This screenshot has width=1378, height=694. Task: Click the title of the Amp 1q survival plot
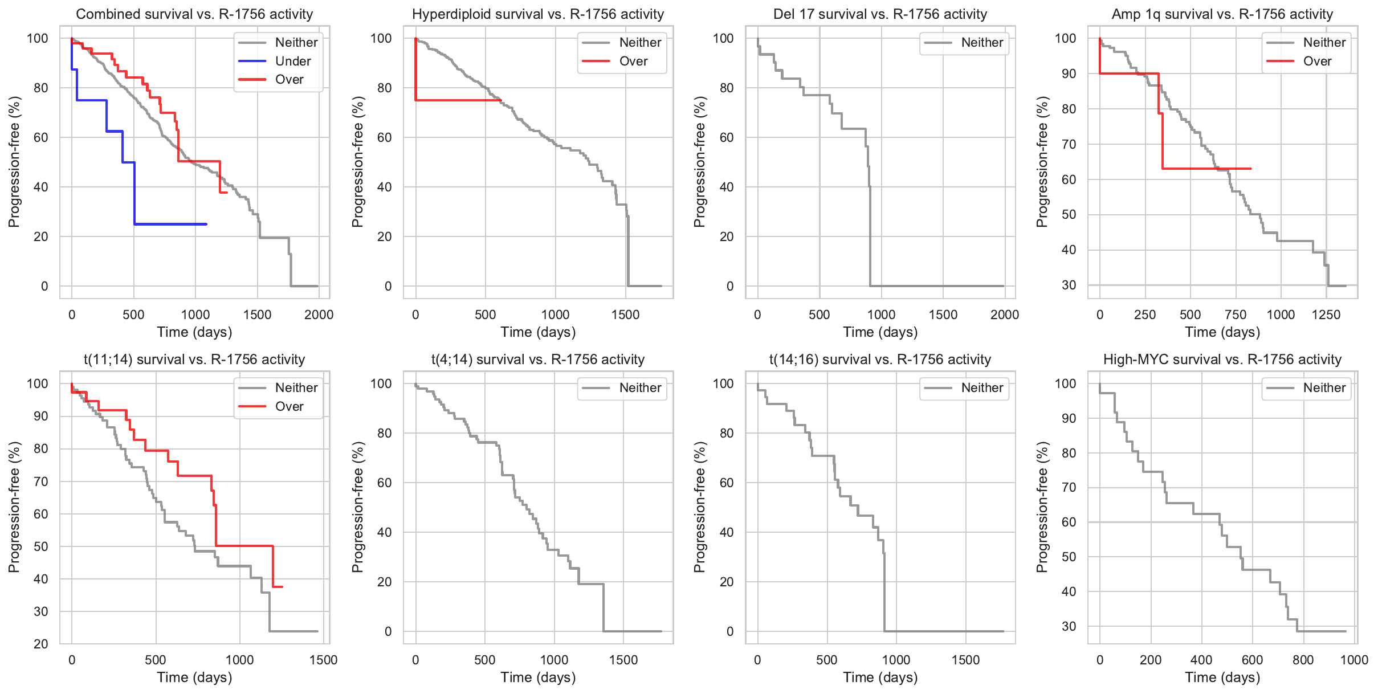pyautogui.click(x=1222, y=14)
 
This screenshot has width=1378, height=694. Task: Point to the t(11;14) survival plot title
pyautogui.click(x=194, y=360)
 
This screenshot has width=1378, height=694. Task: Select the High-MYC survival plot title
pyautogui.click(x=1222, y=360)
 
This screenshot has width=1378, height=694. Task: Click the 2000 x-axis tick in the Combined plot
pyautogui.click(x=319, y=315)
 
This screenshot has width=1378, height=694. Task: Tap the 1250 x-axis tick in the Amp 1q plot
pyautogui.click(x=1326, y=315)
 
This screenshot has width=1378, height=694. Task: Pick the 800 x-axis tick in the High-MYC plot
pyautogui.click(x=1303, y=660)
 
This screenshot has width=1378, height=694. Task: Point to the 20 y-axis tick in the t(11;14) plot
pyautogui.click(x=41, y=644)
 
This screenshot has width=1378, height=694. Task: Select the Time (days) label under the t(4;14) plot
pyautogui.click(x=538, y=677)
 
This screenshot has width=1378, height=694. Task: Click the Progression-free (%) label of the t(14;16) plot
pyautogui.click(x=699, y=507)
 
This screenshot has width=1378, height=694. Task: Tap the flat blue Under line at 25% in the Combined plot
pyautogui.click(x=171, y=224)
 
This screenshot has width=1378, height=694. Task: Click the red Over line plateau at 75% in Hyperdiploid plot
pyautogui.click(x=456, y=100)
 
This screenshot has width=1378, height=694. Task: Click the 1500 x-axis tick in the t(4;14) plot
pyautogui.click(x=623, y=660)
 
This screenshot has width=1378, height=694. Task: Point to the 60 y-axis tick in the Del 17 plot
pyautogui.click(x=726, y=137)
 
